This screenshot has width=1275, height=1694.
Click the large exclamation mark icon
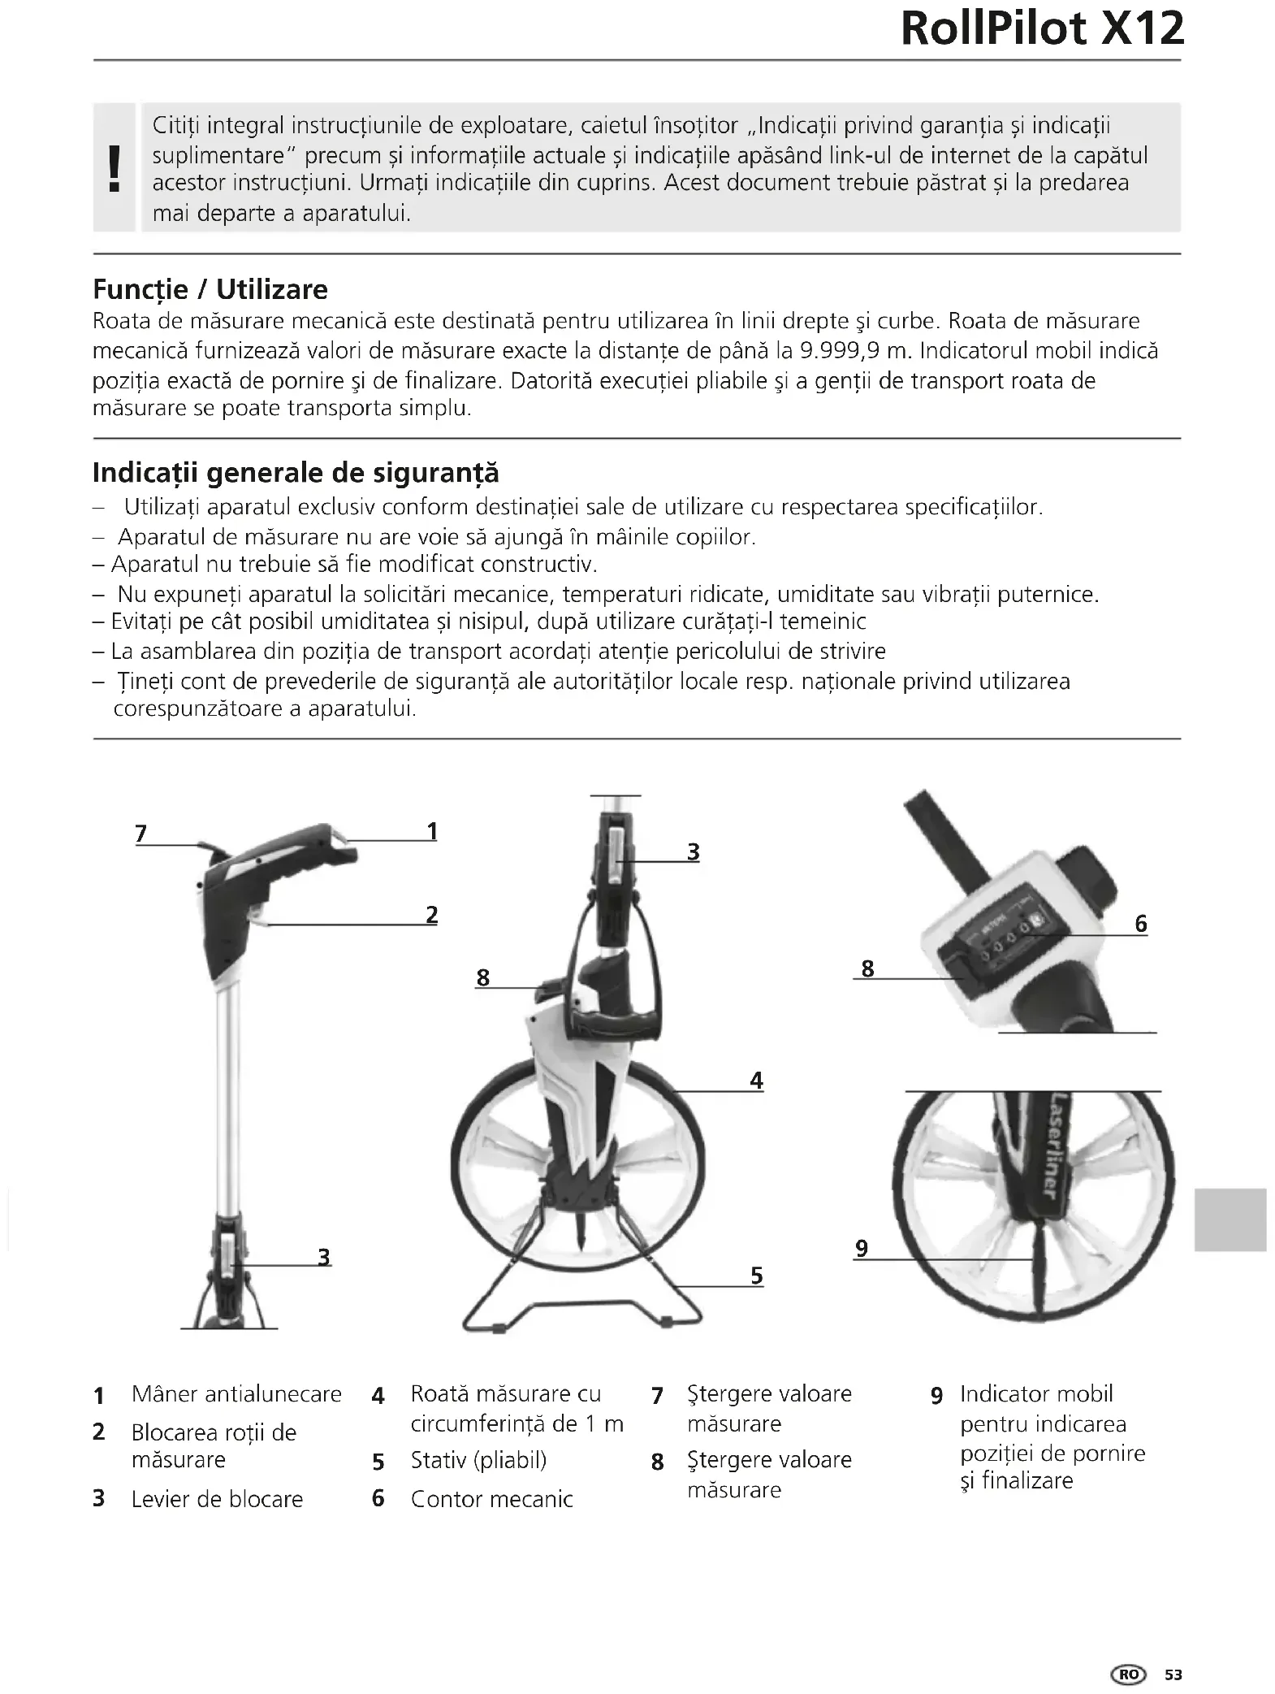pyautogui.click(x=115, y=168)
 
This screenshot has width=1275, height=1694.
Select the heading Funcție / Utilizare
pyautogui.click(x=210, y=289)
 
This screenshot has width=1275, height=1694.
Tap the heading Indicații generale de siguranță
pyautogui.click(x=296, y=472)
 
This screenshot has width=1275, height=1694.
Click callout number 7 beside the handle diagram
pyautogui.click(x=141, y=834)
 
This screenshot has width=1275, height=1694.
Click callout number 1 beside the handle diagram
pyautogui.click(x=432, y=831)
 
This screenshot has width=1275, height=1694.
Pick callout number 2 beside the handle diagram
pyautogui.click(x=432, y=915)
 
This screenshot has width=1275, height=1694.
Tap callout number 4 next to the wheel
pyautogui.click(x=756, y=1081)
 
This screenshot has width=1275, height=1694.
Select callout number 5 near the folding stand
pyautogui.click(x=756, y=1276)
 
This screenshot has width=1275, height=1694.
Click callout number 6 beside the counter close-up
pyautogui.click(x=1140, y=924)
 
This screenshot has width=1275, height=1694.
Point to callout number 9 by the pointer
pyautogui.click(x=862, y=1248)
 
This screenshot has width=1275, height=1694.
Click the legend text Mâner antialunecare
pyautogui.click(x=236, y=1394)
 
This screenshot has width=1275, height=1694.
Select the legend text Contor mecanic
pyautogui.click(x=491, y=1499)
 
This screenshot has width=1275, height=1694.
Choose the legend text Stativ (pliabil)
pyautogui.click(x=478, y=1460)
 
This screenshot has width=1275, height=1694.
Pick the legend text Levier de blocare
pyautogui.click(x=217, y=1499)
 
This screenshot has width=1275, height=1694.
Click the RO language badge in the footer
pyautogui.click(x=1129, y=1675)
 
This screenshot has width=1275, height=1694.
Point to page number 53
pyautogui.click(x=1173, y=1675)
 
